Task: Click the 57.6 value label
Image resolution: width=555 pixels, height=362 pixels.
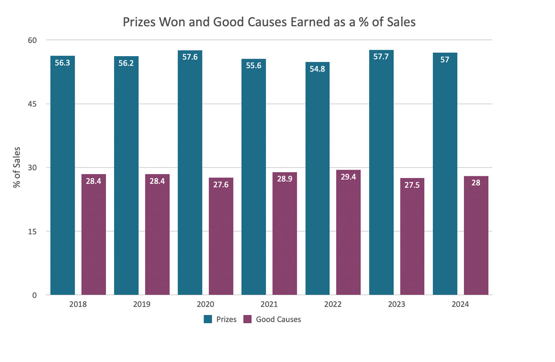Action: [190, 57]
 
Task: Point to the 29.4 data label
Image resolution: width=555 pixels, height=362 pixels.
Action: [348, 177]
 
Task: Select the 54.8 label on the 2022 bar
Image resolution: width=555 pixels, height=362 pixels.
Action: [317, 69]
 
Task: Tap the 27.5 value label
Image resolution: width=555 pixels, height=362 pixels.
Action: [412, 185]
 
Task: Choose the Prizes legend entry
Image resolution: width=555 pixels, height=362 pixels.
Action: [220, 319]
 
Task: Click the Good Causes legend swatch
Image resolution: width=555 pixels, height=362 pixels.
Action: [248, 319]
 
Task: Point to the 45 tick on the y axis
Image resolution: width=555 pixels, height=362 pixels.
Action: [33, 104]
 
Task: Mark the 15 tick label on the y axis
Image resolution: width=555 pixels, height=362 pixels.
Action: [33, 231]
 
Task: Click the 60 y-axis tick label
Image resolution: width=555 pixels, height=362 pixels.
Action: [33, 40]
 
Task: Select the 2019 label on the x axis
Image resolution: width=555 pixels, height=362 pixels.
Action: [142, 304]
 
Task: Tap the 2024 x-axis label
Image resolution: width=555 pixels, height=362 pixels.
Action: [460, 304]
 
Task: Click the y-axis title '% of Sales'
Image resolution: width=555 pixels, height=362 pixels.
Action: [17, 167]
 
